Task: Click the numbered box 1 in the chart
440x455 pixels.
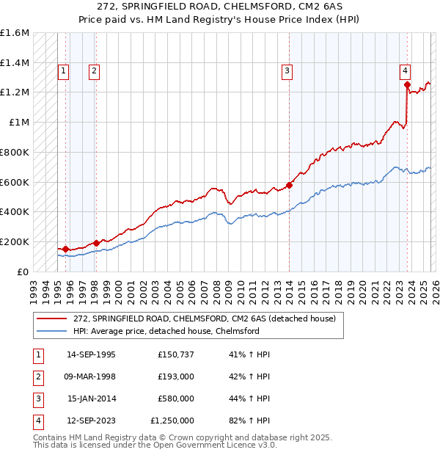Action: pyautogui.click(x=64, y=71)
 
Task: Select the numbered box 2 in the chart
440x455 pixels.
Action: pyautogui.click(x=95, y=71)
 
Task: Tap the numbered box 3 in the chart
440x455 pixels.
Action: pyautogui.click(x=287, y=71)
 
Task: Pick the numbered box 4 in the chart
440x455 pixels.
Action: pyautogui.click(x=405, y=71)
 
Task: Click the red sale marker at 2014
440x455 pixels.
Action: pyautogui.click(x=290, y=185)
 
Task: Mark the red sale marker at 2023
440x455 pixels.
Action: pyautogui.click(x=407, y=85)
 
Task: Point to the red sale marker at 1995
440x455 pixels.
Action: pyautogui.click(x=66, y=249)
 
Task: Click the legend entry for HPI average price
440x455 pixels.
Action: pyautogui.click(x=166, y=331)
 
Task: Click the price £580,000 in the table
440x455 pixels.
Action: pyautogui.click(x=176, y=398)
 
